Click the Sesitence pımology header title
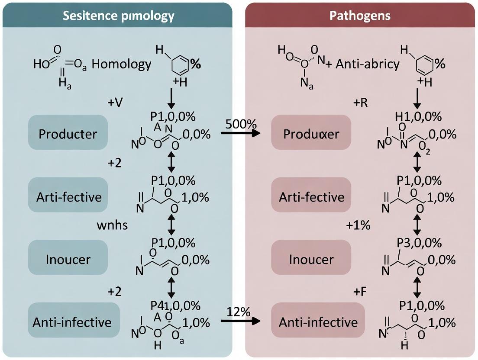pos(118,16)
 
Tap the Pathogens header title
pos(360,16)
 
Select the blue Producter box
pos(68,134)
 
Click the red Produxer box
pos(311,134)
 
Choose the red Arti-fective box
pos(311,197)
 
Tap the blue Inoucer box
pos(68,260)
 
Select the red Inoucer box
pos(311,260)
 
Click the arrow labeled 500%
pos(241,133)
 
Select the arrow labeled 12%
pos(241,321)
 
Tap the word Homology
pos(122,64)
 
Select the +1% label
pos(358,225)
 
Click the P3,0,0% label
pos(419,243)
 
